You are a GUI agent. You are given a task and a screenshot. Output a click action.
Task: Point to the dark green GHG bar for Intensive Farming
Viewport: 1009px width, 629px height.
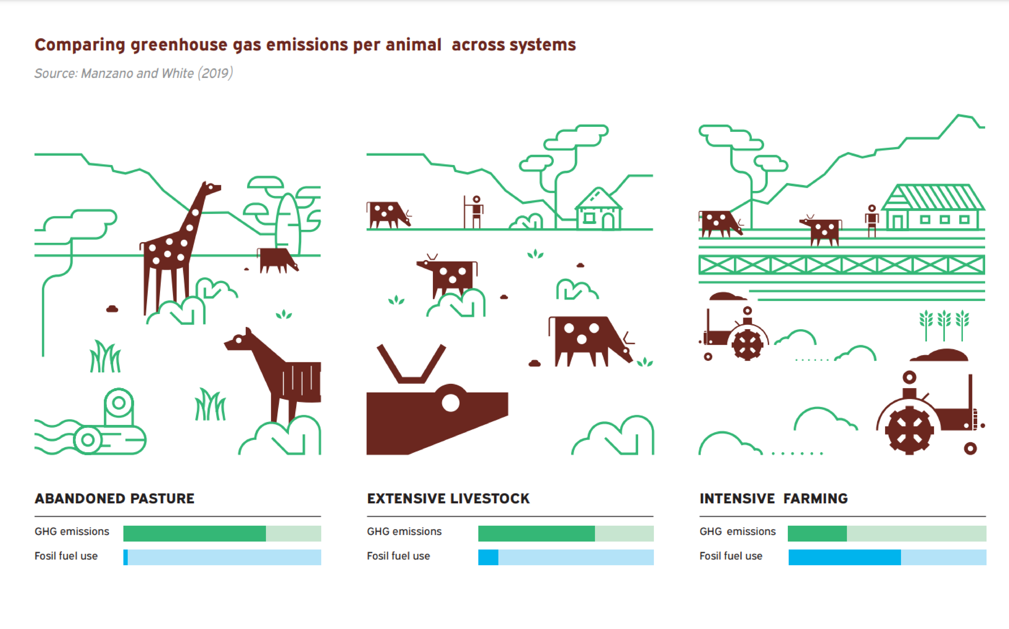tap(817, 533)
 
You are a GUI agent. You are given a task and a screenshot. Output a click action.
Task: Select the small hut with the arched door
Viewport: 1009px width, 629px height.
tap(599, 210)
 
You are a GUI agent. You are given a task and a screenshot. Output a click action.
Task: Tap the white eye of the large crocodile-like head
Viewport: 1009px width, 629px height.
tap(450, 402)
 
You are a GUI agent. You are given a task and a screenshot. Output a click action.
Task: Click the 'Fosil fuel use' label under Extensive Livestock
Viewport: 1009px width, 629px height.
tap(398, 556)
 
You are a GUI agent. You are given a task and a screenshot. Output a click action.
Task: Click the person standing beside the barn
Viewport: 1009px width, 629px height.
tap(872, 220)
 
